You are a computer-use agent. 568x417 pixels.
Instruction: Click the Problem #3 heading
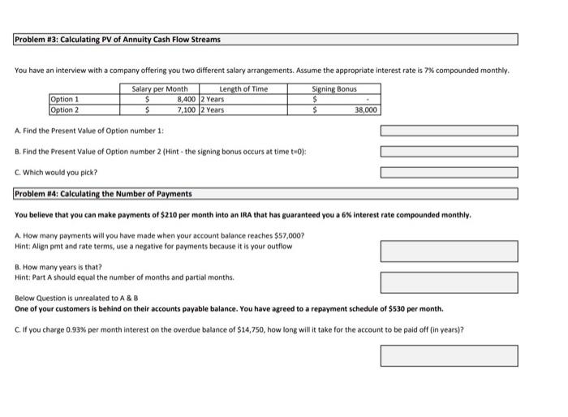click(x=118, y=39)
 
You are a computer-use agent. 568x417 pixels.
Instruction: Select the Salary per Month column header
click(x=166, y=89)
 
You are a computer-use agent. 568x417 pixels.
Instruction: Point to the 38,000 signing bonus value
click(x=366, y=109)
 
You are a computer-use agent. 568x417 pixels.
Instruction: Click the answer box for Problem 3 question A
click(x=448, y=131)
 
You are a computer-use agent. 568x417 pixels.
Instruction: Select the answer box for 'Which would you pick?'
click(x=448, y=171)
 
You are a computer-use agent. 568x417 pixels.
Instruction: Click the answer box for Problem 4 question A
click(x=448, y=250)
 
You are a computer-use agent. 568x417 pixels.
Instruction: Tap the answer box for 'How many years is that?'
click(x=448, y=282)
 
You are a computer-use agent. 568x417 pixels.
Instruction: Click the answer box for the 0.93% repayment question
click(x=448, y=355)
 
